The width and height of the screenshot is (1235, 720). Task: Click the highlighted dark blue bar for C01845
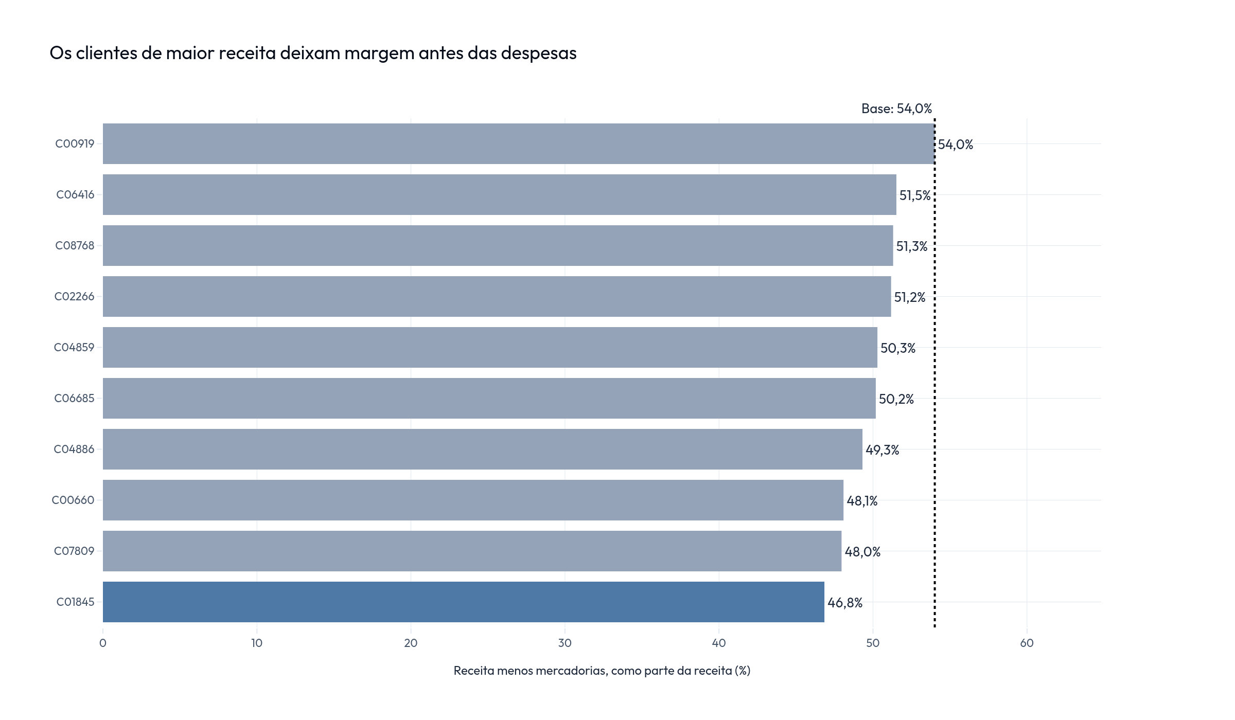click(x=463, y=602)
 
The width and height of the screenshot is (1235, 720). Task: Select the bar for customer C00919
click(x=519, y=143)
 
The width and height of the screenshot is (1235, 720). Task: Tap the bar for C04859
click(x=490, y=347)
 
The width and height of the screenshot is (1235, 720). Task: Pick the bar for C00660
click(x=473, y=500)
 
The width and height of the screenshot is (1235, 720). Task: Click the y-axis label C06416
click(x=75, y=194)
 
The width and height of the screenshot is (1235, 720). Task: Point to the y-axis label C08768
click(x=75, y=245)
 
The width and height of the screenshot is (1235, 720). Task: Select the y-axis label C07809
click(x=74, y=551)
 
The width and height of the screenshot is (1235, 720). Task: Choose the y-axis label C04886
click(x=74, y=449)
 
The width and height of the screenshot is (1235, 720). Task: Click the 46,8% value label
click(x=845, y=603)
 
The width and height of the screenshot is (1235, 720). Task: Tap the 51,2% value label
click(x=910, y=297)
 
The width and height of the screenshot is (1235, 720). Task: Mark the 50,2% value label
click(x=896, y=399)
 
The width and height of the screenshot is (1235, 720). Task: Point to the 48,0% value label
click(x=863, y=552)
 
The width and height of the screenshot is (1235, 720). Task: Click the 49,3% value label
click(x=883, y=450)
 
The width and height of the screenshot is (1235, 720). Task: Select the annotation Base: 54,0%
click(x=897, y=109)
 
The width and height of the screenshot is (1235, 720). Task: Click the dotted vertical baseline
click(x=934, y=373)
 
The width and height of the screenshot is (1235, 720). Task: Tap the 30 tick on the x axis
click(x=565, y=643)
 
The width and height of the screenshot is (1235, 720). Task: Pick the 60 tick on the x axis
click(x=1027, y=643)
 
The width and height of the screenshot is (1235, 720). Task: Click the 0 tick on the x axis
click(x=103, y=643)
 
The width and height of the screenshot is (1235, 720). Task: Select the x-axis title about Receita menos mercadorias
click(x=602, y=671)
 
